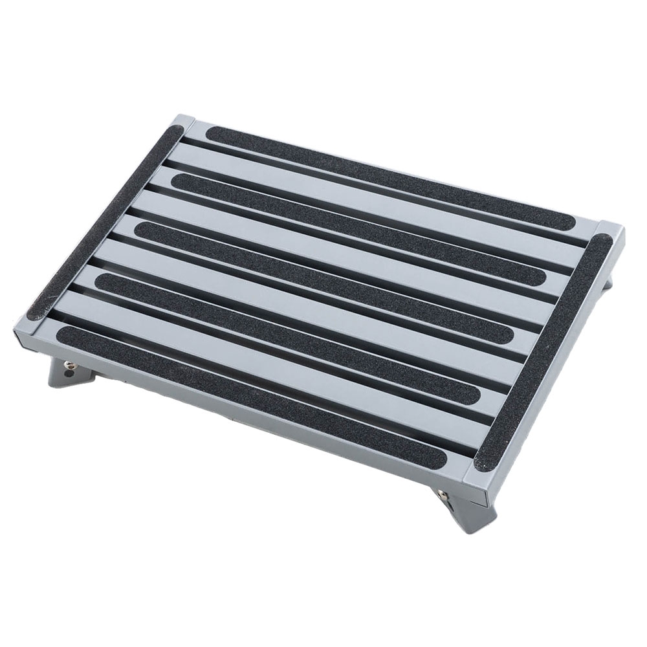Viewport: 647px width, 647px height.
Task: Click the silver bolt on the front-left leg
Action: [67, 370]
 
